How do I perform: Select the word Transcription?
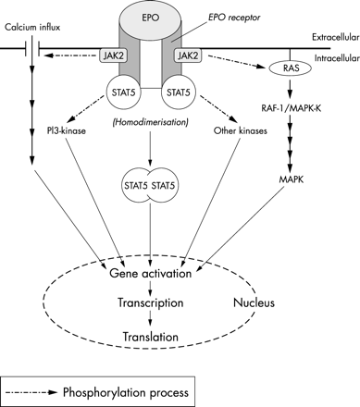pyautogui.click(x=153, y=302)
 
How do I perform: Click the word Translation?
pyautogui.click(x=153, y=338)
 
